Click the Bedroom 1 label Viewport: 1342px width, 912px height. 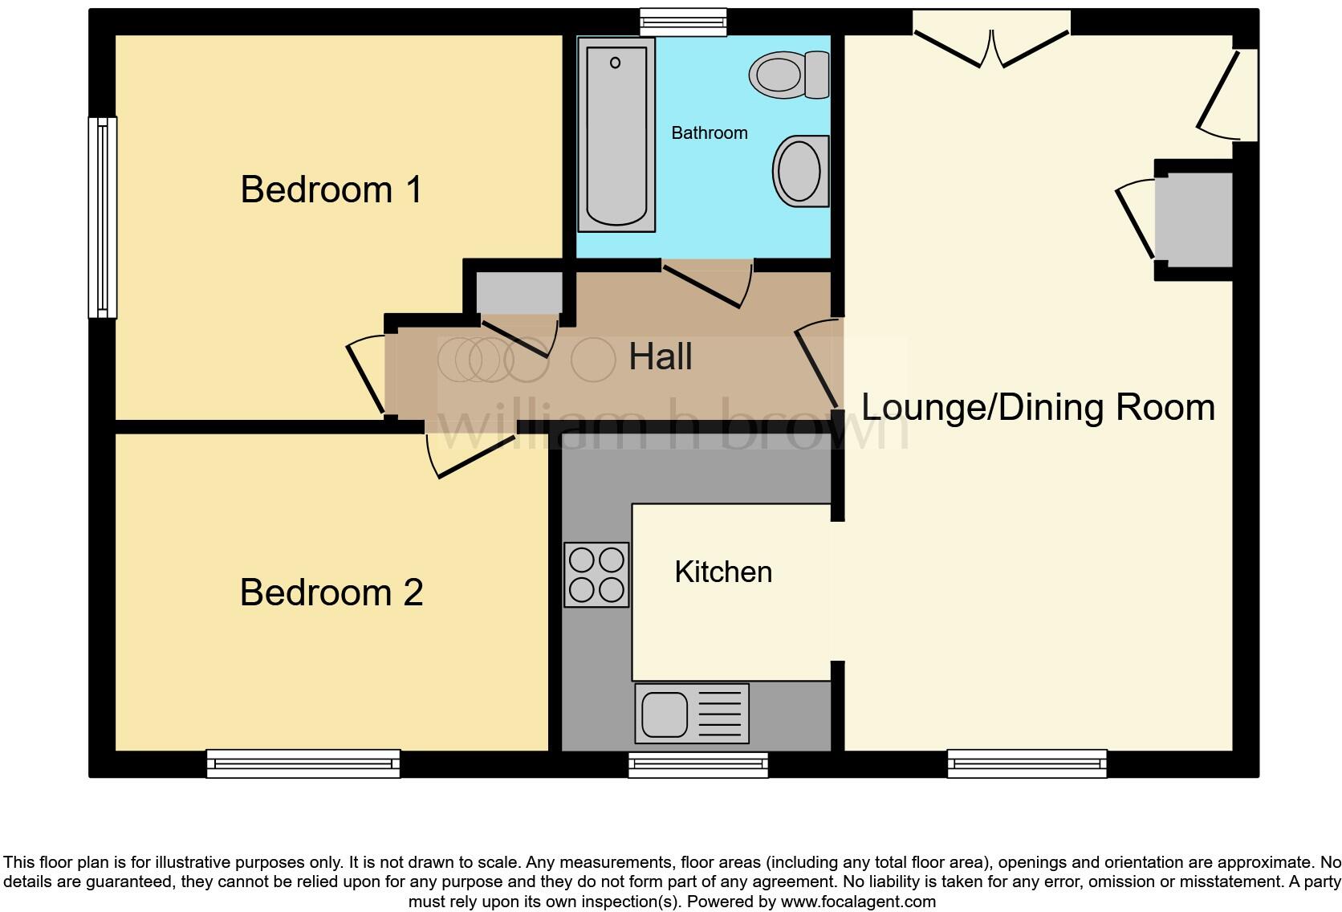point(331,190)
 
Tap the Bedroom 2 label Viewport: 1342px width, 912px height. point(331,592)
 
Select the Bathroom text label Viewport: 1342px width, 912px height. point(709,133)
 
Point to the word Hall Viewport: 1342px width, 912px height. point(660,356)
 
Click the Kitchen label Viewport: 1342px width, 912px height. point(723,572)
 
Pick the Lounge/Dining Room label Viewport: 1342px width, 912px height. point(1038,407)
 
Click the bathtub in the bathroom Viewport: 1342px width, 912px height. point(616,135)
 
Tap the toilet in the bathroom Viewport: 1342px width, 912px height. point(788,75)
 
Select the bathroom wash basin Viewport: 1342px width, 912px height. point(800,171)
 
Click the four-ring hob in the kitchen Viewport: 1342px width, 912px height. point(596,575)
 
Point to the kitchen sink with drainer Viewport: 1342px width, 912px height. point(692,713)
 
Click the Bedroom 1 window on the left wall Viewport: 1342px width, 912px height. point(102,217)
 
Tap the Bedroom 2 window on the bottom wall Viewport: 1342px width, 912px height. point(303,763)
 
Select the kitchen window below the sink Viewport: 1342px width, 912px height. point(697,765)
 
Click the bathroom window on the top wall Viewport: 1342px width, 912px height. point(684,22)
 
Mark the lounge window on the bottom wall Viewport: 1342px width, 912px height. point(1027,763)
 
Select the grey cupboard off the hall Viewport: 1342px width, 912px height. point(518,293)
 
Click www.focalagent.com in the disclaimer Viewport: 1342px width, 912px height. point(858,902)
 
